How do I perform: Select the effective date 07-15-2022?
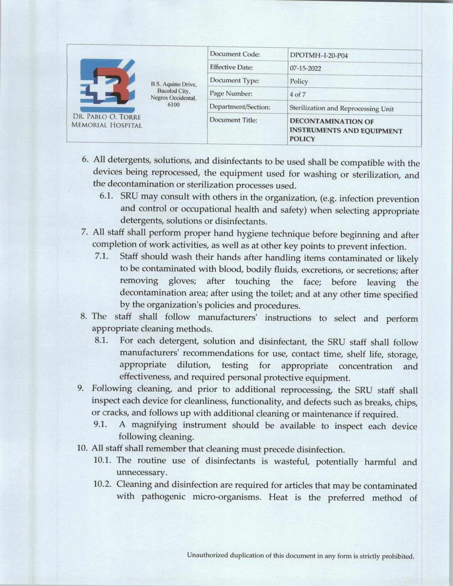(x=305, y=68)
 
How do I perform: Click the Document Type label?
(x=234, y=81)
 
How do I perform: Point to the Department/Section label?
(x=240, y=107)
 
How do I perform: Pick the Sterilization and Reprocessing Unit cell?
(x=341, y=108)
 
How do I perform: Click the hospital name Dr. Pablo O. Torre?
(x=107, y=117)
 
